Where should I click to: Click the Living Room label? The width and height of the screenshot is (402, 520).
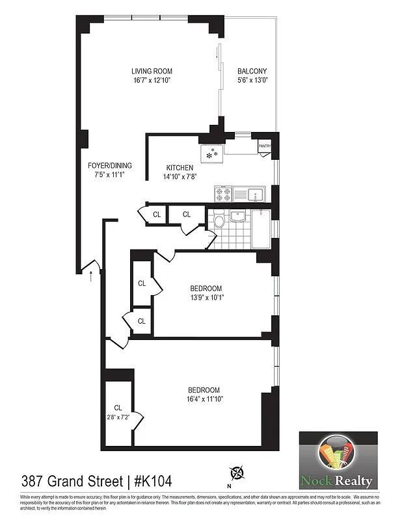pyautogui.click(x=152, y=71)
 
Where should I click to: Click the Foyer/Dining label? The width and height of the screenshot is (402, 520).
pyautogui.click(x=105, y=165)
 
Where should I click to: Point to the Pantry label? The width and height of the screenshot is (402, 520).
pyautogui.click(x=264, y=147)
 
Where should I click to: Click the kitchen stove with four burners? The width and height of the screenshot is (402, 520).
pyautogui.click(x=223, y=193)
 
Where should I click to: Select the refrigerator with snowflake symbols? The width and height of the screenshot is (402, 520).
pyautogui.click(x=211, y=154)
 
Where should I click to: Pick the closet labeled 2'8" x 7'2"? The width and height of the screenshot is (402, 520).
pyautogui.click(x=118, y=412)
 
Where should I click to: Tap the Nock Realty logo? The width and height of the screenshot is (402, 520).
pyautogui.click(x=337, y=460)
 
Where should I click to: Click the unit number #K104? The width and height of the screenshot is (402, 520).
pyautogui.click(x=153, y=482)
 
